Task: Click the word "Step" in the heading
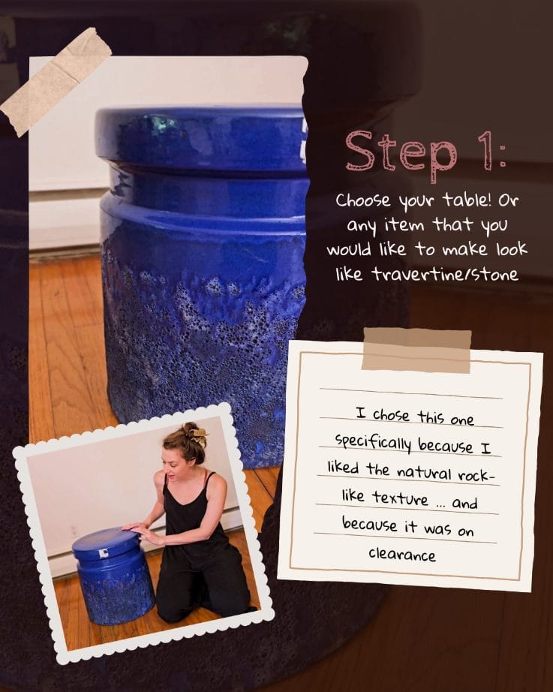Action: (x=401, y=152)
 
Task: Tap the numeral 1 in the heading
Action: (x=485, y=149)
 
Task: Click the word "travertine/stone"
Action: (x=445, y=275)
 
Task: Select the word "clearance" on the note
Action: (x=402, y=555)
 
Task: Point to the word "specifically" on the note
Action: (x=373, y=443)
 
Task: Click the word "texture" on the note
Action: (x=400, y=498)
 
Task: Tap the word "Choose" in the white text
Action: (x=363, y=200)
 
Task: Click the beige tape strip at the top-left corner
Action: (x=56, y=81)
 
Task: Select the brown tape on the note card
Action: (x=416, y=350)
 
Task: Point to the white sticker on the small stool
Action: (x=104, y=553)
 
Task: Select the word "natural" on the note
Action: (x=424, y=472)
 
